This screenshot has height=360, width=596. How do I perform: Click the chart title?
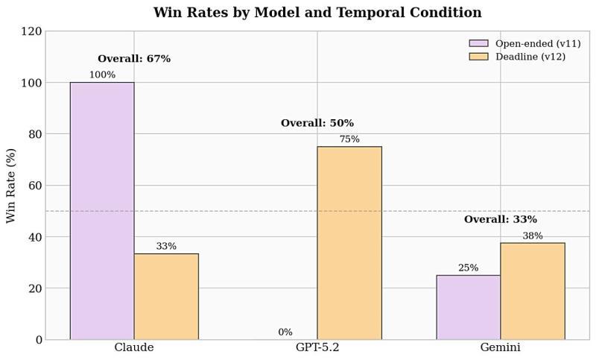pos(317,13)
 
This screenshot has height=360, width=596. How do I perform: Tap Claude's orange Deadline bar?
pos(166,297)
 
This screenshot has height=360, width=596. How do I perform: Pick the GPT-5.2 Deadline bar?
pos(349,243)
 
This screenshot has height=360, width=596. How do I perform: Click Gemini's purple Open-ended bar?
pos(468,307)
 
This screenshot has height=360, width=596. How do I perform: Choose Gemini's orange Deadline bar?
pos(532,291)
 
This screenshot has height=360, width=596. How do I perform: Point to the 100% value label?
pos(102,75)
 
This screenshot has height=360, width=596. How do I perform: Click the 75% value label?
pos(349,139)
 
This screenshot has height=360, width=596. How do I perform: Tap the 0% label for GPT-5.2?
pos(285,332)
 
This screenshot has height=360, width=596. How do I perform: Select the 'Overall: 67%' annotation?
pos(134,59)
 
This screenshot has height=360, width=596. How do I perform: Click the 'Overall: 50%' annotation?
pos(317,123)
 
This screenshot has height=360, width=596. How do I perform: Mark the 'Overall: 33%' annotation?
pos(501,220)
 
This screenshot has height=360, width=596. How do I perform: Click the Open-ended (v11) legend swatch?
pos(478,44)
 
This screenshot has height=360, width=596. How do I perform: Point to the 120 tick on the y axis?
pos(33,31)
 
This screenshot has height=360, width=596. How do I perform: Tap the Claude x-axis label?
pos(134,348)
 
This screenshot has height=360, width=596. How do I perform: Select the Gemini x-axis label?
pos(501,348)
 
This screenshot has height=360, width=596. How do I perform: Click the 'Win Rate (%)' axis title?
pos(11,186)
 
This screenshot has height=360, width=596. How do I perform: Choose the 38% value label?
pos(532,236)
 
